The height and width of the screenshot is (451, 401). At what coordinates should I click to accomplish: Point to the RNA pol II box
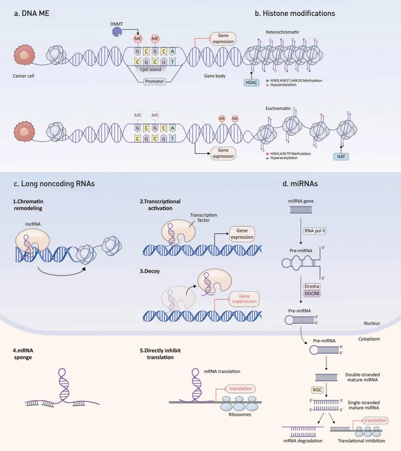[315, 231]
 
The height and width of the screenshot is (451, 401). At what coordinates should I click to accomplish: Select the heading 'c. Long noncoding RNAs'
[55, 184]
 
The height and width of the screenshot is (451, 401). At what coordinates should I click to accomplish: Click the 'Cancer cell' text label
[24, 77]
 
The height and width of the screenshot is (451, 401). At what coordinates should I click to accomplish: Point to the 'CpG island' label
[154, 70]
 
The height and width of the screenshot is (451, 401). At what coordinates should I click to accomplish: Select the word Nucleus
[371, 323]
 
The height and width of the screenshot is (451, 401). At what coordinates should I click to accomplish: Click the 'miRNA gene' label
[301, 202]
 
